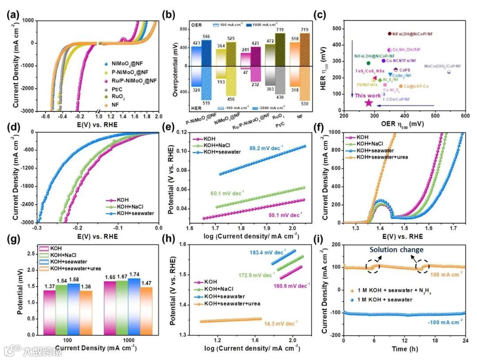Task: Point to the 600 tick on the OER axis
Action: [465, 116]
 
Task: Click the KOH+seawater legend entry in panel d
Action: [128, 213]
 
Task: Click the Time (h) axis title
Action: [404, 349]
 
